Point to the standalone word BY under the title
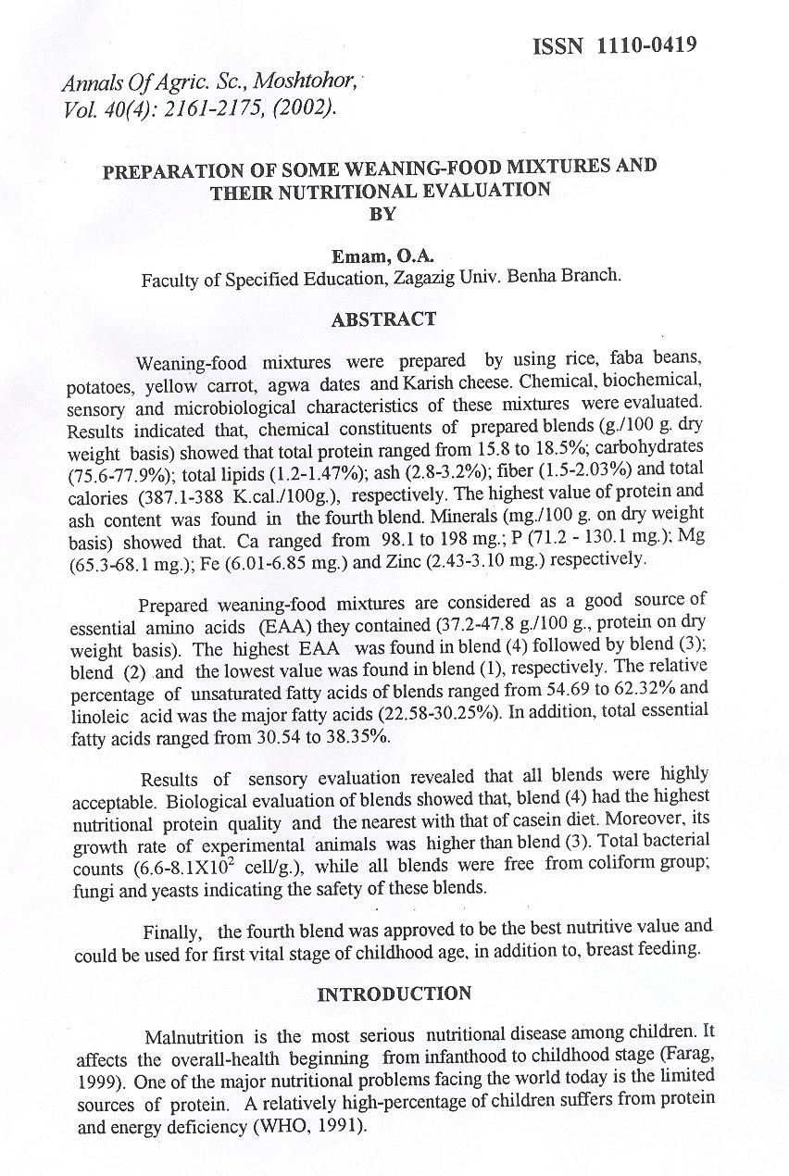382,214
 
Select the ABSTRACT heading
383,319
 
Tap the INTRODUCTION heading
394,995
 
